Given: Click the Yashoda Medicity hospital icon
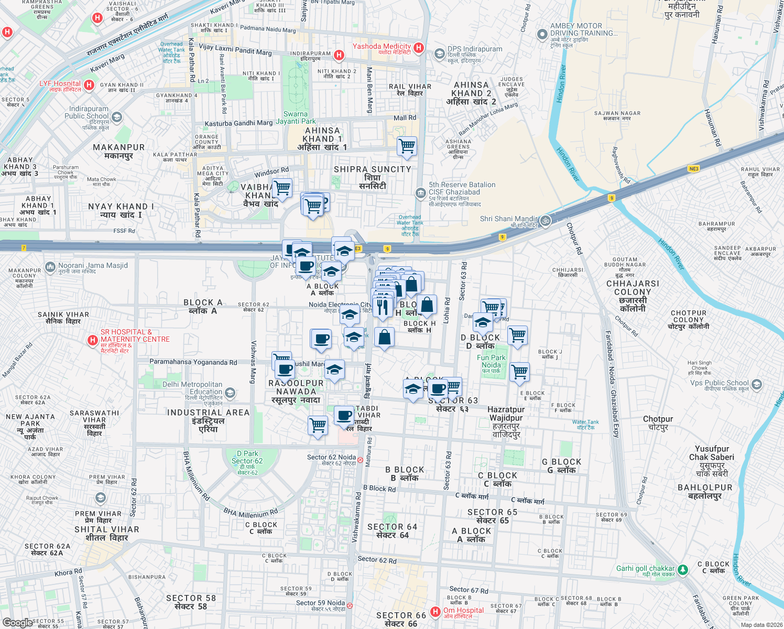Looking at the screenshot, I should pyautogui.click(x=418, y=48).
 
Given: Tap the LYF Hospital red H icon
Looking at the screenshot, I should pyautogui.click(x=89, y=85).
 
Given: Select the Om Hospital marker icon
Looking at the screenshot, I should pyautogui.click(x=435, y=612).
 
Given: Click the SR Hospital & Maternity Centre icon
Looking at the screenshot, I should pyautogui.click(x=93, y=341).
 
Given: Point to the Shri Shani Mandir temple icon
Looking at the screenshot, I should pyautogui.click(x=545, y=221).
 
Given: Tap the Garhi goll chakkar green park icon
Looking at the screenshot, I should pyautogui.click(x=682, y=569).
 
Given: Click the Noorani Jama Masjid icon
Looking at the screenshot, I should pyautogui.click(x=50, y=267).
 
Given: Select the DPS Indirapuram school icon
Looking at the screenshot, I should pyautogui.click(x=439, y=53).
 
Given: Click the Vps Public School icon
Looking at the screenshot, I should pyautogui.click(x=756, y=385).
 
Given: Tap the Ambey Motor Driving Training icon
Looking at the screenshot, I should pyautogui.click(x=542, y=35).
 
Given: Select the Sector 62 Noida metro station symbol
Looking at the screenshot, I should pyautogui.click(x=360, y=460).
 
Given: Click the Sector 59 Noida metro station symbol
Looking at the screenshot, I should pyautogui.click(x=350, y=605).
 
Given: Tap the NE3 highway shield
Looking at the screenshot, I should pyautogui.click(x=693, y=169).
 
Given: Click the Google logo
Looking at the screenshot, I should pyautogui.click(x=17, y=622).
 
